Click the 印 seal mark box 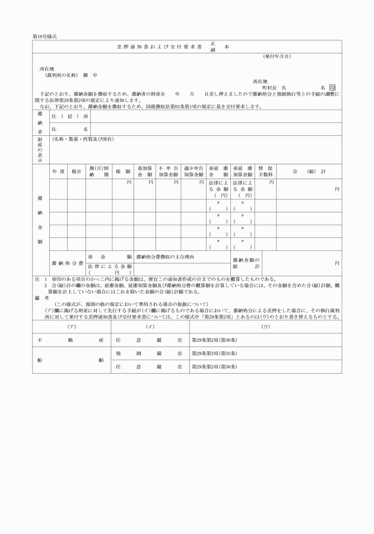(x=333, y=88)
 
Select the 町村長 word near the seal (x=262, y=87)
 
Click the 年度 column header (x=58, y=171)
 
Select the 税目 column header (x=76, y=171)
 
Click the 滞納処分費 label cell (x=67, y=262)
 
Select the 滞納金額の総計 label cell (x=246, y=262)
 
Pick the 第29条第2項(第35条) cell (x=214, y=354)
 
